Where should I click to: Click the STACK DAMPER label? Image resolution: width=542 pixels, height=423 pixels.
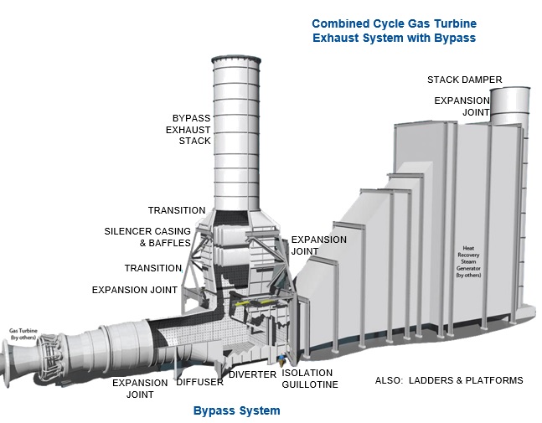(x=464, y=80)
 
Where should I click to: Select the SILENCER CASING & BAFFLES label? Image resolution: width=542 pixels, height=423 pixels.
(x=147, y=237)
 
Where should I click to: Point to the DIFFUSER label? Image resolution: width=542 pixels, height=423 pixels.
(x=199, y=382)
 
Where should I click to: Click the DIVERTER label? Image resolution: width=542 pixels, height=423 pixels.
(x=252, y=374)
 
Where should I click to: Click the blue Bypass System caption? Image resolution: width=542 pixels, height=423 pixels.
(x=236, y=410)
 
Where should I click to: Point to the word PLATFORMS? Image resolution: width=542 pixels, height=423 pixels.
(x=495, y=381)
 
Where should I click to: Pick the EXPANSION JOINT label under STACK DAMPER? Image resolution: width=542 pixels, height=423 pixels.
(x=462, y=107)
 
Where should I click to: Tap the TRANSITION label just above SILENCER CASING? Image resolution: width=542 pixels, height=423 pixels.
(x=177, y=210)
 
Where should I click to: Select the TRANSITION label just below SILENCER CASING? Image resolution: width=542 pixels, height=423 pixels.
(x=153, y=268)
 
